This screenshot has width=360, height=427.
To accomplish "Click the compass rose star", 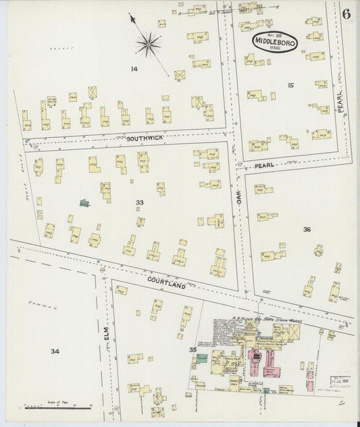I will point(148,45).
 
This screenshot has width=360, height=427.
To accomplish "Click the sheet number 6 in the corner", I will point(346,14).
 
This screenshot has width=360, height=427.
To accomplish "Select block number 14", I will point(134,68).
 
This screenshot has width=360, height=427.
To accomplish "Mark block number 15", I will point(290,84).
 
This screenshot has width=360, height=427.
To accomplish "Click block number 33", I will point(139,202).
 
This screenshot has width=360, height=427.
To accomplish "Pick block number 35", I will point(192,349).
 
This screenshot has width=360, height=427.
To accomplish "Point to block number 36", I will point(307,230).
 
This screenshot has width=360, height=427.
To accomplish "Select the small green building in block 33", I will point(84,202).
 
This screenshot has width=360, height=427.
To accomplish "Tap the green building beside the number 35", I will point(202,357).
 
